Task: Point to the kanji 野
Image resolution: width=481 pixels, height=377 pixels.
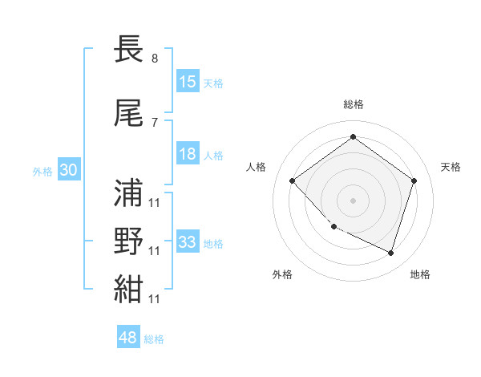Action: click(x=129, y=241)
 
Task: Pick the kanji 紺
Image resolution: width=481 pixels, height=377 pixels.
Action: click(x=129, y=290)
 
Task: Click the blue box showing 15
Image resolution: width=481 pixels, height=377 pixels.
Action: click(x=188, y=82)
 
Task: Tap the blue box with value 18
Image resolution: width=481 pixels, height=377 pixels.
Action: click(x=188, y=155)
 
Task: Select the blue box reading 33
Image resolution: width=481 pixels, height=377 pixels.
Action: click(x=188, y=241)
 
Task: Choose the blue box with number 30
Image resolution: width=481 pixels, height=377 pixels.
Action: click(x=67, y=170)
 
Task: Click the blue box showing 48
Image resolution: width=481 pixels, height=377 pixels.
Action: click(x=128, y=338)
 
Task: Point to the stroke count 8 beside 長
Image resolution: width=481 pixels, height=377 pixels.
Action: click(x=154, y=58)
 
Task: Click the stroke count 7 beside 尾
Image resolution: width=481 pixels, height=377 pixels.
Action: click(x=154, y=122)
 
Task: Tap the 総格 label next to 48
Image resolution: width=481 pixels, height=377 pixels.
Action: click(x=154, y=339)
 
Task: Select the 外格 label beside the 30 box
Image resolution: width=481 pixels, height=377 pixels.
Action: click(x=42, y=171)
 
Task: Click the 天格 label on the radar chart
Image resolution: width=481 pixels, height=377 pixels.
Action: click(x=451, y=167)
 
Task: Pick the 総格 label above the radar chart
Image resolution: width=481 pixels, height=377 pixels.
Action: click(x=353, y=104)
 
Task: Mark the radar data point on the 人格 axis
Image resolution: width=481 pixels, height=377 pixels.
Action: click(x=293, y=180)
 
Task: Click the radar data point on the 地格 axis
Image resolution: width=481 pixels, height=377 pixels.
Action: click(x=390, y=253)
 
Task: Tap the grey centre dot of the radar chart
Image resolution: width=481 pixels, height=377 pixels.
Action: click(x=353, y=200)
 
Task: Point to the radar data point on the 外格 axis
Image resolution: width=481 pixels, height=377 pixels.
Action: click(x=333, y=227)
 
